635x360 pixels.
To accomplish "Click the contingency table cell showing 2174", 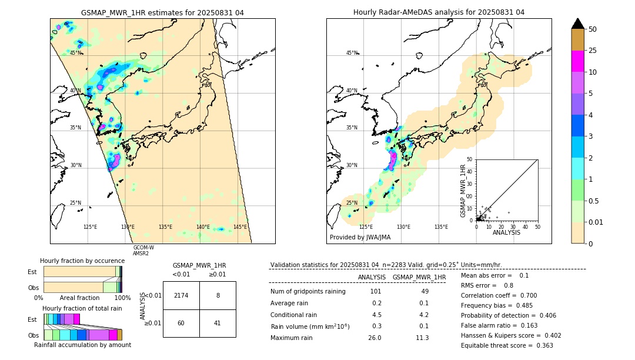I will pyautogui.click(x=181, y=295).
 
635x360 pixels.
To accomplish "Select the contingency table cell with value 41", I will pyautogui.click(x=218, y=323).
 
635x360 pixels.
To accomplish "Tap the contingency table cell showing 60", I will pyautogui.click(x=181, y=323).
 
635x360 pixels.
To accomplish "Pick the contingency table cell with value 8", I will pyautogui.click(x=218, y=295).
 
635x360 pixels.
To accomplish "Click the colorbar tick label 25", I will pyautogui.click(x=593, y=51).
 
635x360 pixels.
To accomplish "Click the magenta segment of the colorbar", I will pyautogui.click(x=577, y=61).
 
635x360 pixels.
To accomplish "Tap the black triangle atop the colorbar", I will pyautogui.click(x=577, y=24).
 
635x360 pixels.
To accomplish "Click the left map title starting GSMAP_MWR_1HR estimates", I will pyautogui.click(x=162, y=12).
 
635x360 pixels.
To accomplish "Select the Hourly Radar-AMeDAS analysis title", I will pyautogui.click(x=439, y=12).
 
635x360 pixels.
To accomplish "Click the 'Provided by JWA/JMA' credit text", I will pyautogui.click(x=360, y=238).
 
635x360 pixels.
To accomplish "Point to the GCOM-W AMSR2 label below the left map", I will pyautogui.click(x=143, y=251).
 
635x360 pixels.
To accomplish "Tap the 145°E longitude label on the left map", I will pyautogui.click(x=240, y=227).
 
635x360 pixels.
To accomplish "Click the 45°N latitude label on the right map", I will pyautogui.click(x=352, y=53).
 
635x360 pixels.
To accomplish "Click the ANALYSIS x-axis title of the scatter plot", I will pyautogui.click(x=506, y=232).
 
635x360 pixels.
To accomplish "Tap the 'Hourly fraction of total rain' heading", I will pyautogui.click(x=82, y=308).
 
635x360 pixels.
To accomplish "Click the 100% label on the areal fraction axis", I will pyautogui.click(x=122, y=298).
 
